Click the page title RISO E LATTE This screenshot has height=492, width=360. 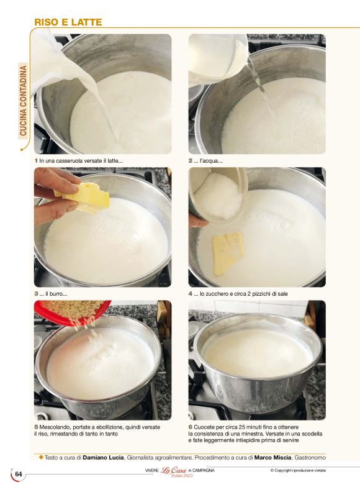point(68,22)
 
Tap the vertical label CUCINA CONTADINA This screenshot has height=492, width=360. point(23,101)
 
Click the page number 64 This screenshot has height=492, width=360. point(19,474)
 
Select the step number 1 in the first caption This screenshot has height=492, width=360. point(36,161)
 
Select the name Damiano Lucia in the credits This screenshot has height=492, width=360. point(103,457)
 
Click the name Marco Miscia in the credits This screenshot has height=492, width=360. point(273,457)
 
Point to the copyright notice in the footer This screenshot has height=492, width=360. point(298,470)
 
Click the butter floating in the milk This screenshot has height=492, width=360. point(228,253)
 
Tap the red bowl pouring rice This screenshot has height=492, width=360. point(73,312)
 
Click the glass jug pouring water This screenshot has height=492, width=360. point(218,60)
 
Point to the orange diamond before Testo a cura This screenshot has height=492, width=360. point(41,457)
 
